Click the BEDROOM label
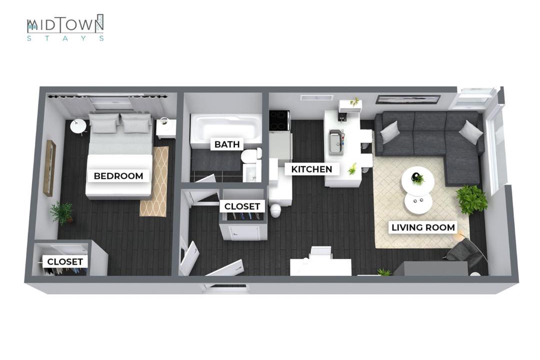tap(118, 176)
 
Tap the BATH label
tap(227, 144)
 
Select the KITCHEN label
tap(311, 169)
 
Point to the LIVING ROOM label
tap(423, 227)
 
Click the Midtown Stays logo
tap(65, 27)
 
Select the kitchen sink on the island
tap(336, 142)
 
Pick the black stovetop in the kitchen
tap(279, 120)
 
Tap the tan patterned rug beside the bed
tap(154, 181)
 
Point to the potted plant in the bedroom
tap(61, 212)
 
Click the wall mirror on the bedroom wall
tap(49, 168)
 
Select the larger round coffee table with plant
tap(417, 180)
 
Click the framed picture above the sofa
tap(408, 99)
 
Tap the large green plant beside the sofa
tap(472, 199)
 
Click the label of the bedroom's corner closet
tap(65, 262)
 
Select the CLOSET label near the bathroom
tap(242, 206)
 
